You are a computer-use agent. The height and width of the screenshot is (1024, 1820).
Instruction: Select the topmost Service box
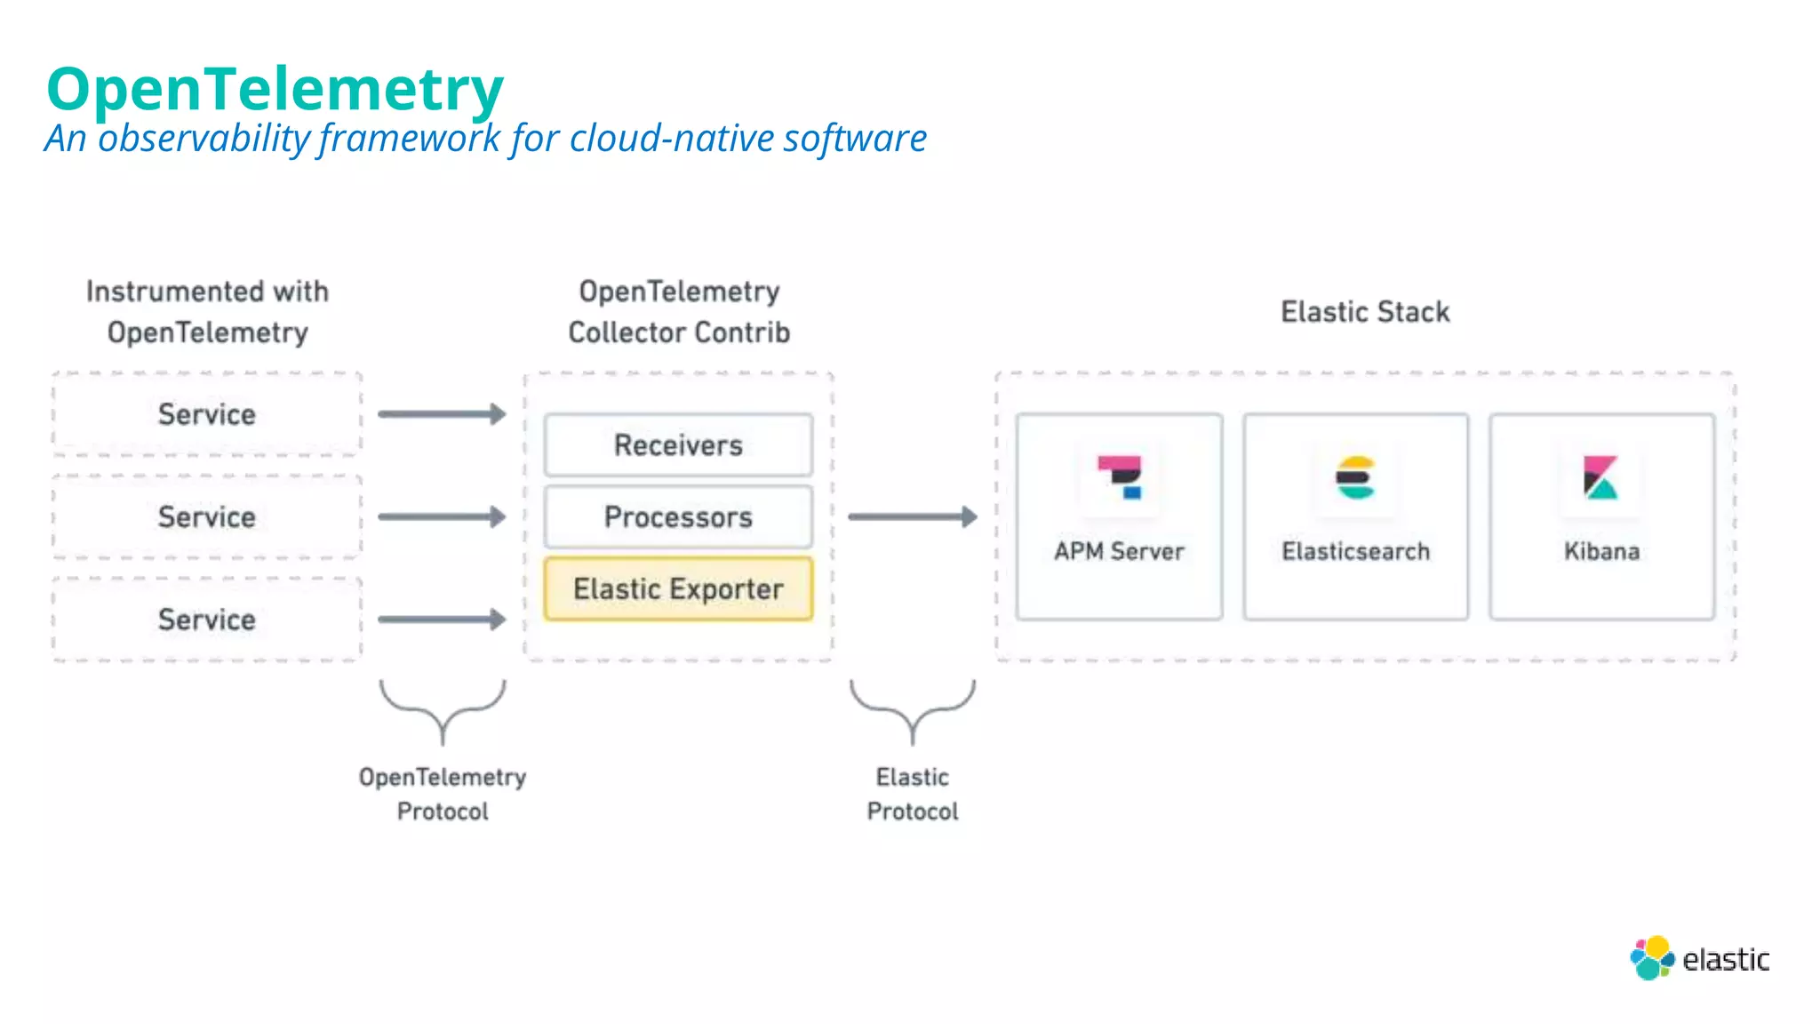coord(207,414)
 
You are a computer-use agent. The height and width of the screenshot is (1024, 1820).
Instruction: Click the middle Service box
coord(207,516)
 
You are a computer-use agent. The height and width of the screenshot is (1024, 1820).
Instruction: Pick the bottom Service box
coord(207,620)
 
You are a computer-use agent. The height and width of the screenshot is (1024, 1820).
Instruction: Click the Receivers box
coord(678,444)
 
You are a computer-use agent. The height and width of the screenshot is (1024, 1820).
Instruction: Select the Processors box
coord(678,516)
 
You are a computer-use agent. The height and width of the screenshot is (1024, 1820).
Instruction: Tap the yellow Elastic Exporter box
coord(678,588)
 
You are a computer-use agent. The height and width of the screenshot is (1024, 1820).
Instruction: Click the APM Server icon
coord(1120,478)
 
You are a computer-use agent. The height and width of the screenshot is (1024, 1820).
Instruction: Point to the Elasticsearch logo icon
coord(1355,478)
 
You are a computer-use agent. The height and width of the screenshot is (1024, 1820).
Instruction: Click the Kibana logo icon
coord(1600,478)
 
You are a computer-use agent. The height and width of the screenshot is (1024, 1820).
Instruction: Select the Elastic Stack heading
coord(1365,312)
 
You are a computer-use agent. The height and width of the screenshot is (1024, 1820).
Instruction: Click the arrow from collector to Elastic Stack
coord(912,516)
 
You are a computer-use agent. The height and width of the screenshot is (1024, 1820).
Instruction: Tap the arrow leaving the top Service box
coord(442,414)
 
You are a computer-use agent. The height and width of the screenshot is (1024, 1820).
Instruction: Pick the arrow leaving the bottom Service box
coord(442,620)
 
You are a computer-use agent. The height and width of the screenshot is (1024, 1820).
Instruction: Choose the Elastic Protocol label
coord(913,794)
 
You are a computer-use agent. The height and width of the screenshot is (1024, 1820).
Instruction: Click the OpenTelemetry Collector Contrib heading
coord(679,312)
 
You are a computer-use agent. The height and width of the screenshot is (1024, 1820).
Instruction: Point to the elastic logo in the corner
coord(1699,958)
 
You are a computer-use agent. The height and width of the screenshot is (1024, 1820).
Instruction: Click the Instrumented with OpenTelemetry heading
coord(207,312)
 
